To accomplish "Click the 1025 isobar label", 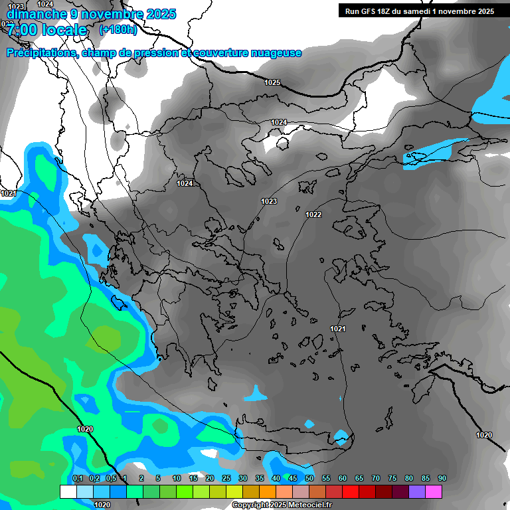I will click(272, 82).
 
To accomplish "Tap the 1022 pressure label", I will click(313, 214).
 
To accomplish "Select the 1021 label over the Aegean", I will click(337, 329).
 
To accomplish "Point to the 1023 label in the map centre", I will click(269, 201).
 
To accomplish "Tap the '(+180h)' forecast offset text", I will click(118, 30).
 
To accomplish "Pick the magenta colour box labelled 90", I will click(434, 491).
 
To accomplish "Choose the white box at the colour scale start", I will click(68, 491).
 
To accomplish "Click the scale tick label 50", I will click(309, 479).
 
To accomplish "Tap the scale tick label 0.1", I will click(78, 479).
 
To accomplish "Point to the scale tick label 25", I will click(226, 479).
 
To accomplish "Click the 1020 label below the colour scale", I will click(102, 505).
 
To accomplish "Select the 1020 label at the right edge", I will click(484, 435).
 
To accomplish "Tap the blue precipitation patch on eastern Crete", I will click(341, 436).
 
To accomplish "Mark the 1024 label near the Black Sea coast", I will click(279, 122).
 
